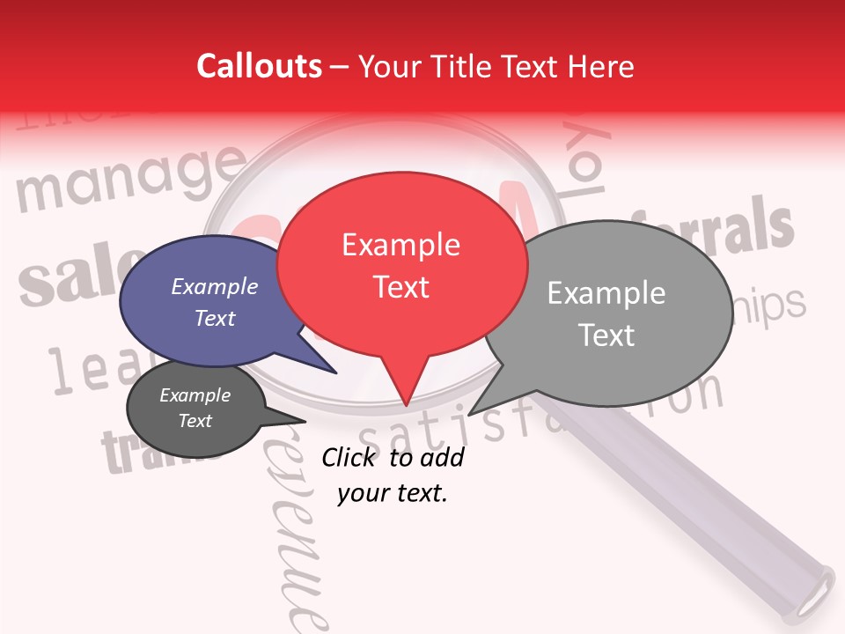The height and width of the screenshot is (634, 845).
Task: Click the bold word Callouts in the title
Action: pos(259,66)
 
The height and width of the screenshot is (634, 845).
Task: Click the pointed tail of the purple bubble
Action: pos(335,372)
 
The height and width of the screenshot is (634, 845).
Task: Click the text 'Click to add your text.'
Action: pos(393,475)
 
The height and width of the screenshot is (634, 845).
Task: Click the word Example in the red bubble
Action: pos(400,245)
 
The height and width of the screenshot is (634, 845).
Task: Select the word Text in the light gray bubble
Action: pos(606,335)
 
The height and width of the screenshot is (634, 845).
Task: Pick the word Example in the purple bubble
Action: pos(214,287)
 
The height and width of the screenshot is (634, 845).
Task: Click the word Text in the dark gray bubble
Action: pos(195,421)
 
